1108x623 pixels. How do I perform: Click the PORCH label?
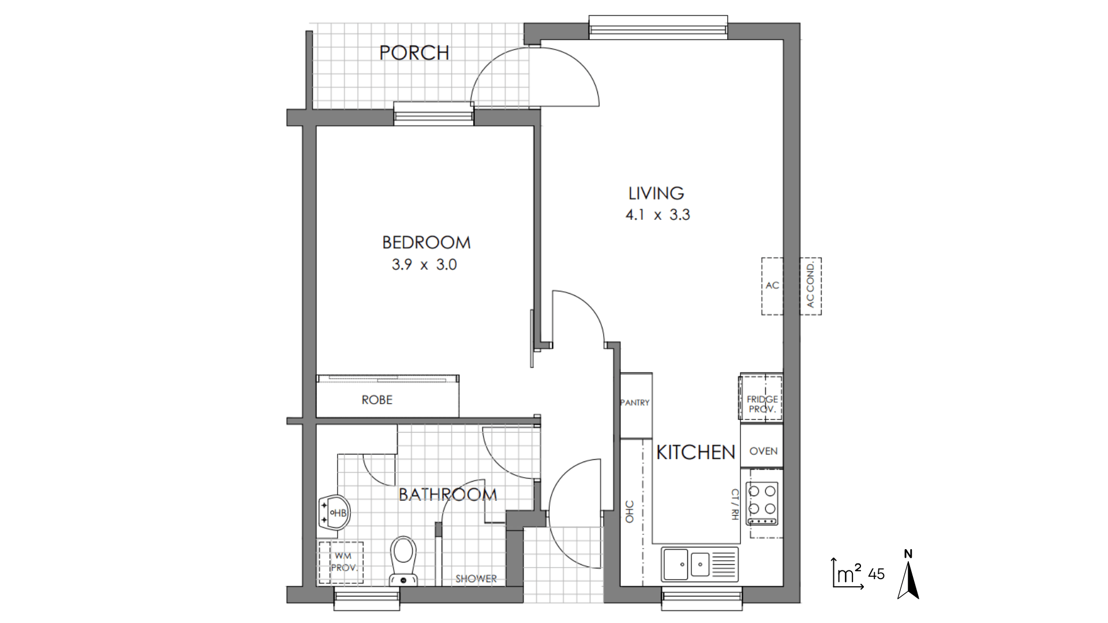pos(414,52)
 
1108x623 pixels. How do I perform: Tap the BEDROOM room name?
pos(426,242)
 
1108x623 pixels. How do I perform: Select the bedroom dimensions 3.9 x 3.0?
pos(424,265)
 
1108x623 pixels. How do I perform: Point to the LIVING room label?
pos(656,193)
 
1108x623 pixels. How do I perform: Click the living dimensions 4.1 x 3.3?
pos(658,215)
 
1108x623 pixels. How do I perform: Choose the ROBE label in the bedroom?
pos(377,400)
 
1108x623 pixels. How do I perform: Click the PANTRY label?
pos(635,403)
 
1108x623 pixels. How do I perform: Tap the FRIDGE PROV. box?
pos(762,398)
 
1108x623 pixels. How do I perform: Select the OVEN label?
pos(763,451)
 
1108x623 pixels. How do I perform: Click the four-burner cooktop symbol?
pos(762,503)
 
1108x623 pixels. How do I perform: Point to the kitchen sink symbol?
pos(700,564)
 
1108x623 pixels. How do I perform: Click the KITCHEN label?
pos(696,453)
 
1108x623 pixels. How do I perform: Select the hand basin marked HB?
pos(334,513)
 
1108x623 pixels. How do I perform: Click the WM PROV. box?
pos(341,563)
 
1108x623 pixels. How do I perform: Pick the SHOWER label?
pos(476,579)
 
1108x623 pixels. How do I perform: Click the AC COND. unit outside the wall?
pos(810,286)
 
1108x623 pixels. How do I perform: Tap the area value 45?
pos(876,574)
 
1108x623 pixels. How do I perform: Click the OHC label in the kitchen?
pos(630,512)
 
